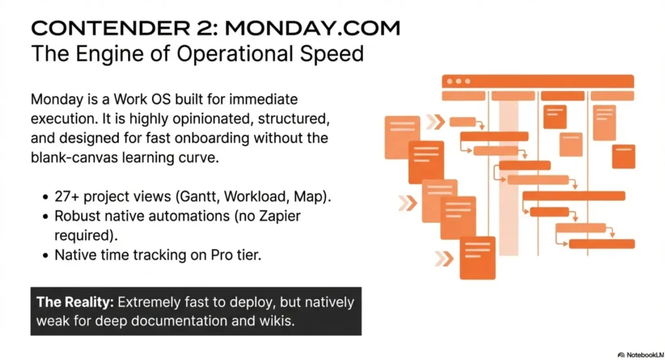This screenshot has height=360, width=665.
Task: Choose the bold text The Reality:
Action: click(73, 302)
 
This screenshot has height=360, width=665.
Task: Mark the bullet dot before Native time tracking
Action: click(45, 255)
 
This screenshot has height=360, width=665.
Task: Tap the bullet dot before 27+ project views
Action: click(45, 198)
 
